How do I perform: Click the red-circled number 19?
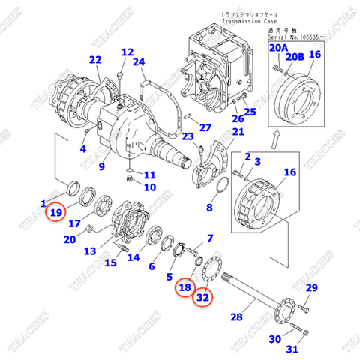click(x=56, y=214)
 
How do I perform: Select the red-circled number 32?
click(x=202, y=298)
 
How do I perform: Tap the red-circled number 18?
click(x=184, y=286)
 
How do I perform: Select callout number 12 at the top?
click(x=127, y=52)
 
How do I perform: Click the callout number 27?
click(x=205, y=127)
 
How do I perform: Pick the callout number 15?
click(x=110, y=262)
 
